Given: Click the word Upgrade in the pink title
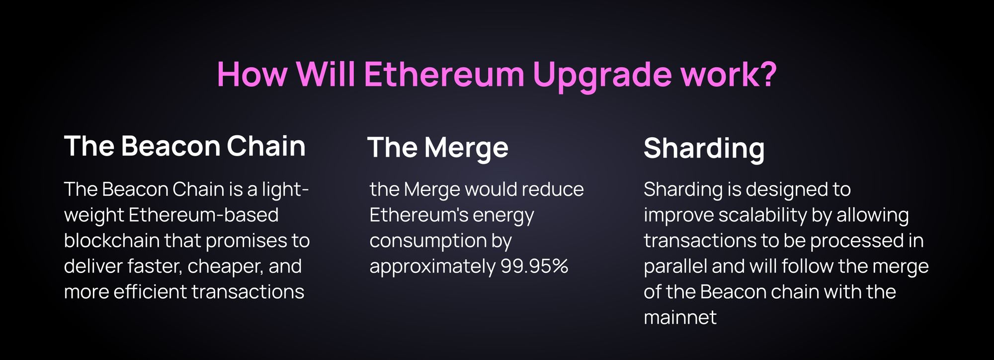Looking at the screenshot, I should pyautogui.click(x=601, y=75).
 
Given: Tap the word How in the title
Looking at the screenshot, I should pyautogui.click(x=252, y=75).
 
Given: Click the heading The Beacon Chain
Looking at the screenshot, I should pyautogui.click(x=184, y=146).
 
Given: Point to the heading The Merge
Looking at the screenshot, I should pyautogui.click(x=438, y=148).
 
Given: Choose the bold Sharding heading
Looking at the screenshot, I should pyautogui.click(x=704, y=149).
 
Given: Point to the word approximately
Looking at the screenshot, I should pyautogui.click(x=432, y=267).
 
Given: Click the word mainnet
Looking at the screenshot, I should pyautogui.click(x=680, y=318).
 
